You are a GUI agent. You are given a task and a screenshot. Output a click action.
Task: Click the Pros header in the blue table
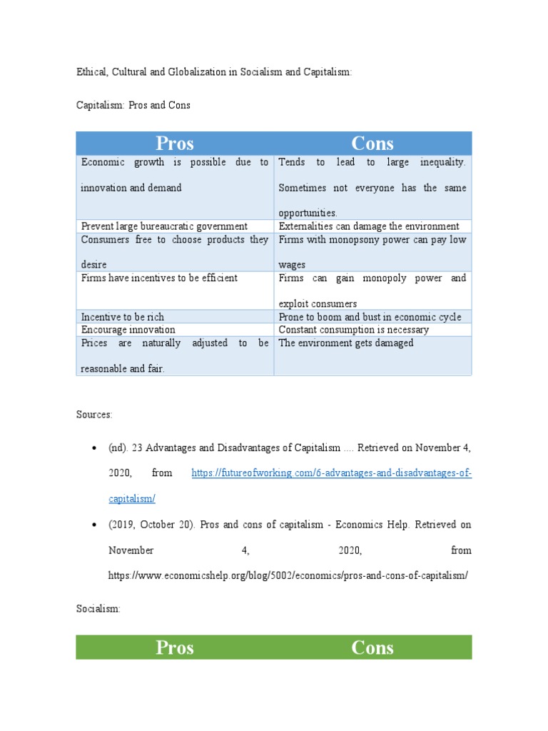(175, 143)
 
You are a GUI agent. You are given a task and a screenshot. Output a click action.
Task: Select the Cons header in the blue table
(372, 143)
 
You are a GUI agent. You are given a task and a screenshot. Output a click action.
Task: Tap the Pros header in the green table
(175, 647)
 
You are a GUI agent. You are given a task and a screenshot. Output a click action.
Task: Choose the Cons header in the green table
(372, 647)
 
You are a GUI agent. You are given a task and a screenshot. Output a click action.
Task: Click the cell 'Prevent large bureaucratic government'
(164, 226)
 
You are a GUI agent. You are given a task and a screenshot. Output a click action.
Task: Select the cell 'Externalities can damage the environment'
(369, 226)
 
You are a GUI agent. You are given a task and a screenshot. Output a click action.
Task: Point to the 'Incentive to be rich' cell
(123, 317)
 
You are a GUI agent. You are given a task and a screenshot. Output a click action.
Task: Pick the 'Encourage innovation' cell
(128, 330)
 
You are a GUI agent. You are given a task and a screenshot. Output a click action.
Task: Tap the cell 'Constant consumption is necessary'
(354, 330)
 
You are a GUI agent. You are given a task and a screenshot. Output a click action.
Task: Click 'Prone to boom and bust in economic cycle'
(370, 317)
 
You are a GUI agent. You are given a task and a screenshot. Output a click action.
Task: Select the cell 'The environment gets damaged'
(346, 343)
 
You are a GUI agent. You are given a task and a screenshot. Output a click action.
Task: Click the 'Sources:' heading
(94, 414)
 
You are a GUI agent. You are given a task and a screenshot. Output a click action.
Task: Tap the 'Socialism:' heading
(98, 609)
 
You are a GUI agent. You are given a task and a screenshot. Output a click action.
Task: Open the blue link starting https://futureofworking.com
(331, 473)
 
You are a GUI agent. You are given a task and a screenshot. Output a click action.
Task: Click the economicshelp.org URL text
(288, 575)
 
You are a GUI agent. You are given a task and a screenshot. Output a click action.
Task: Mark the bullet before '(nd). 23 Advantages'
(94, 448)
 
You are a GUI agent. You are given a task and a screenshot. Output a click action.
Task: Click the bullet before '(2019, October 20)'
(94, 525)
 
